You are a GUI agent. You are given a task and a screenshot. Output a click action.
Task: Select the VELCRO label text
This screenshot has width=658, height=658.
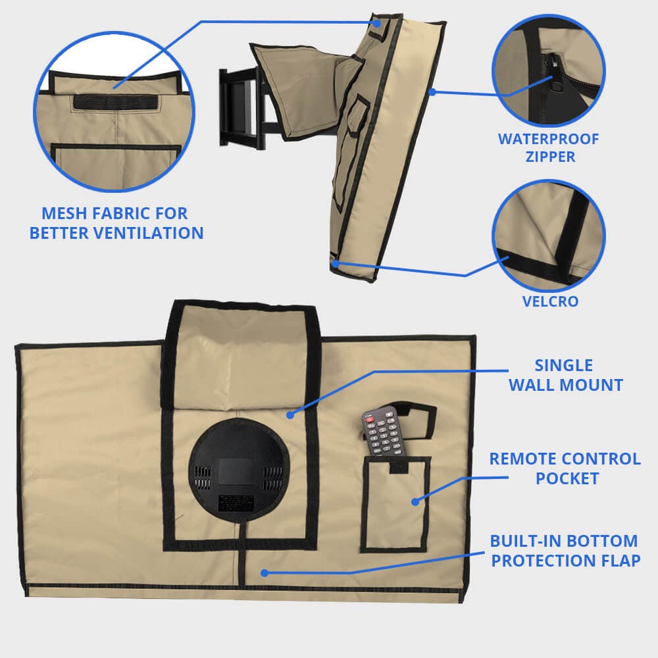pyautogui.click(x=550, y=302)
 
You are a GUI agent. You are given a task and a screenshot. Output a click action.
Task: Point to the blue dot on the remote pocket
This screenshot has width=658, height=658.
pyautogui.click(x=415, y=501)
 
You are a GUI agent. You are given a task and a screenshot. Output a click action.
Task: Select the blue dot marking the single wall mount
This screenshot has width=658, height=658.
pyautogui.click(x=290, y=415)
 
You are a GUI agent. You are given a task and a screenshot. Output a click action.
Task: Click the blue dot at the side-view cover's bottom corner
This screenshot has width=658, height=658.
pyautogui.click(x=335, y=264)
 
